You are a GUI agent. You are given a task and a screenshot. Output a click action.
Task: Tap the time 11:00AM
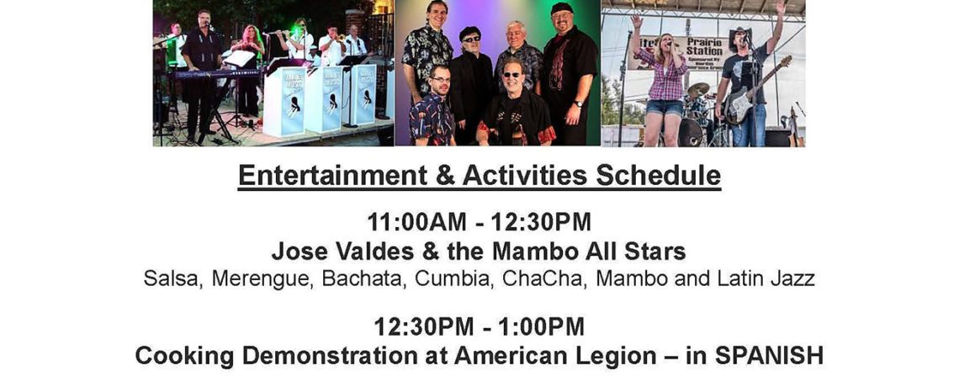[x=416, y=222]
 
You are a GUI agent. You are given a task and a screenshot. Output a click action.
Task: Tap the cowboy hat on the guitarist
[x=740, y=34]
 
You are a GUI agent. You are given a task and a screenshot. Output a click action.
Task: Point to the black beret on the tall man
[x=561, y=8]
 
